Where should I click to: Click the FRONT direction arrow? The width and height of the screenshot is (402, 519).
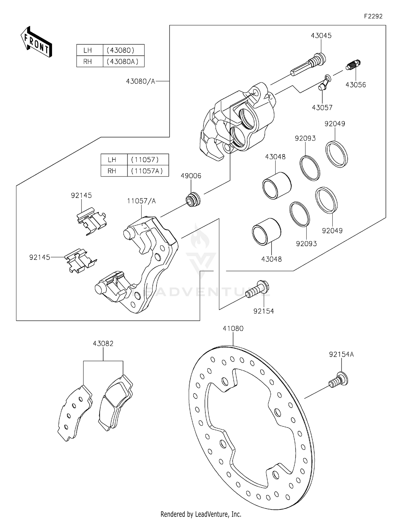coord(36,42)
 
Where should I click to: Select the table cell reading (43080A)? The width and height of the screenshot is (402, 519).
coord(123,62)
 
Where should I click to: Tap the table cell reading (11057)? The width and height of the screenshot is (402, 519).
coord(145,160)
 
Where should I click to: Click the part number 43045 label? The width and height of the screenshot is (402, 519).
coord(321,36)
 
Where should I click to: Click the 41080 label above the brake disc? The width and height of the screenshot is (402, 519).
coord(233,329)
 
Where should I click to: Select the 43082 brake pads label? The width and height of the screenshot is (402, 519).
coord(103,344)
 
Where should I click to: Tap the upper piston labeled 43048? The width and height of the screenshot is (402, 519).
coord(277,186)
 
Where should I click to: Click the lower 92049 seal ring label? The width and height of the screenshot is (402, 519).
coord(332,231)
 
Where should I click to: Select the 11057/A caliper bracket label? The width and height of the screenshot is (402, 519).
coord(141,201)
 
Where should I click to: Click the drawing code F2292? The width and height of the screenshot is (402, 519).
coord(373,16)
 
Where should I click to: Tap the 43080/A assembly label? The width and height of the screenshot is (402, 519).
coord(140,81)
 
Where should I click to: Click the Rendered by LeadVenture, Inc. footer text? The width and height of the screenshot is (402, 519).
coord(201,514)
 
